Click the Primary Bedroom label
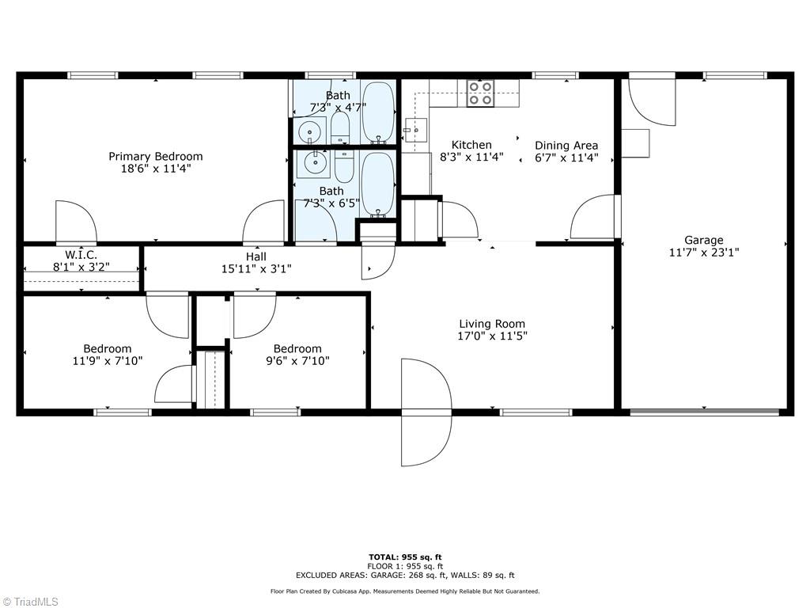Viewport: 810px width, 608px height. point(156,157)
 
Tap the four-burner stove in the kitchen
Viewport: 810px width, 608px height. point(480,93)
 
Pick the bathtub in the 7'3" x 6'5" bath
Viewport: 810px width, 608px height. point(377,184)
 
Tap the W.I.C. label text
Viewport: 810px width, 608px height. point(81,255)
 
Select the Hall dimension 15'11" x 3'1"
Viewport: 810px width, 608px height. point(256,269)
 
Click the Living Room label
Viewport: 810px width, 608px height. point(492,324)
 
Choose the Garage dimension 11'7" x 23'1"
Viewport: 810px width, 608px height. point(703,253)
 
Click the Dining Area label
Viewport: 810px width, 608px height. point(566,146)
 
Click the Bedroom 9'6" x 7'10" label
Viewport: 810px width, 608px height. point(297,349)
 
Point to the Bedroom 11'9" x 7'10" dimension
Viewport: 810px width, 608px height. point(108,361)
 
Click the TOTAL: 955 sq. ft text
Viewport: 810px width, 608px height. point(405,557)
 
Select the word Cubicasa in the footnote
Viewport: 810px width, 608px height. point(357,591)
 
